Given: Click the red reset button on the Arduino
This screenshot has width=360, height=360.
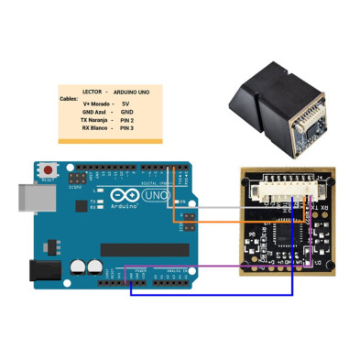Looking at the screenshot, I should (x=47, y=171).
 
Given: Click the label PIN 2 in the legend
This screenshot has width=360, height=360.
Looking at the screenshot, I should (x=126, y=120).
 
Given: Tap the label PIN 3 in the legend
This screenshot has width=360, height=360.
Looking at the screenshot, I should (x=126, y=128).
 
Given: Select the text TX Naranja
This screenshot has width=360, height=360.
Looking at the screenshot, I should (x=96, y=120).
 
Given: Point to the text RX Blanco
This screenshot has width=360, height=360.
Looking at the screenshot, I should (x=96, y=128).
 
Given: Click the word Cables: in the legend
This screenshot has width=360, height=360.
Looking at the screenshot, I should (x=69, y=98).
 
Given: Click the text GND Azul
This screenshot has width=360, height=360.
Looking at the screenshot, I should (x=94, y=112).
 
